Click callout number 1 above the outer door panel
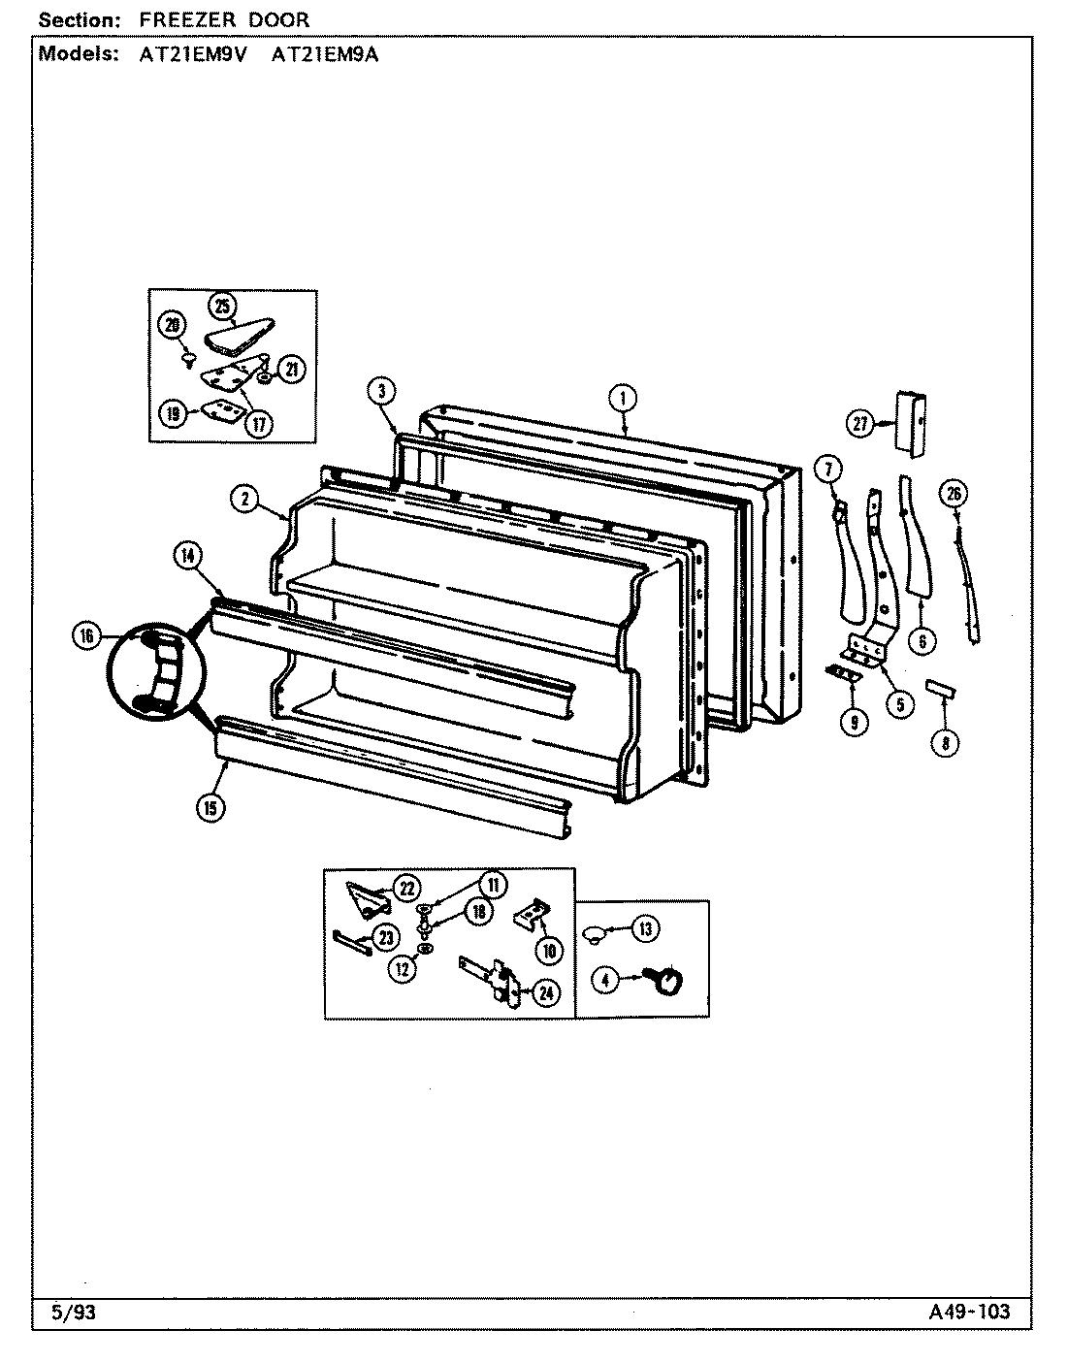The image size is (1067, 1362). pyautogui.click(x=622, y=396)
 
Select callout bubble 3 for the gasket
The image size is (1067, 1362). pyautogui.click(x=381, y=391)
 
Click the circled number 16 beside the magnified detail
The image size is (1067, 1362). pyautogui.click(x=86, y=636)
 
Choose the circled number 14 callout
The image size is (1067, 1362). pyautogui.click(x=188, y=555)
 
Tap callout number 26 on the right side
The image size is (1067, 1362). pyautogui.click(x=954, y=495)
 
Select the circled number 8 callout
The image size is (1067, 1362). pyautogui.click(x=946, y=744)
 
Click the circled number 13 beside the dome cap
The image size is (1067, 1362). pyautogui.click(x=645, y=927)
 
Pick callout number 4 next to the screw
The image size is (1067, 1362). pyautogui.click(x=605, y=981)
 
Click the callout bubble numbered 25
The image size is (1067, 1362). pyautogui.click(x=222, y=307)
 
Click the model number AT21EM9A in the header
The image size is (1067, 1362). pyautogui.click(x=324, y=54)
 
